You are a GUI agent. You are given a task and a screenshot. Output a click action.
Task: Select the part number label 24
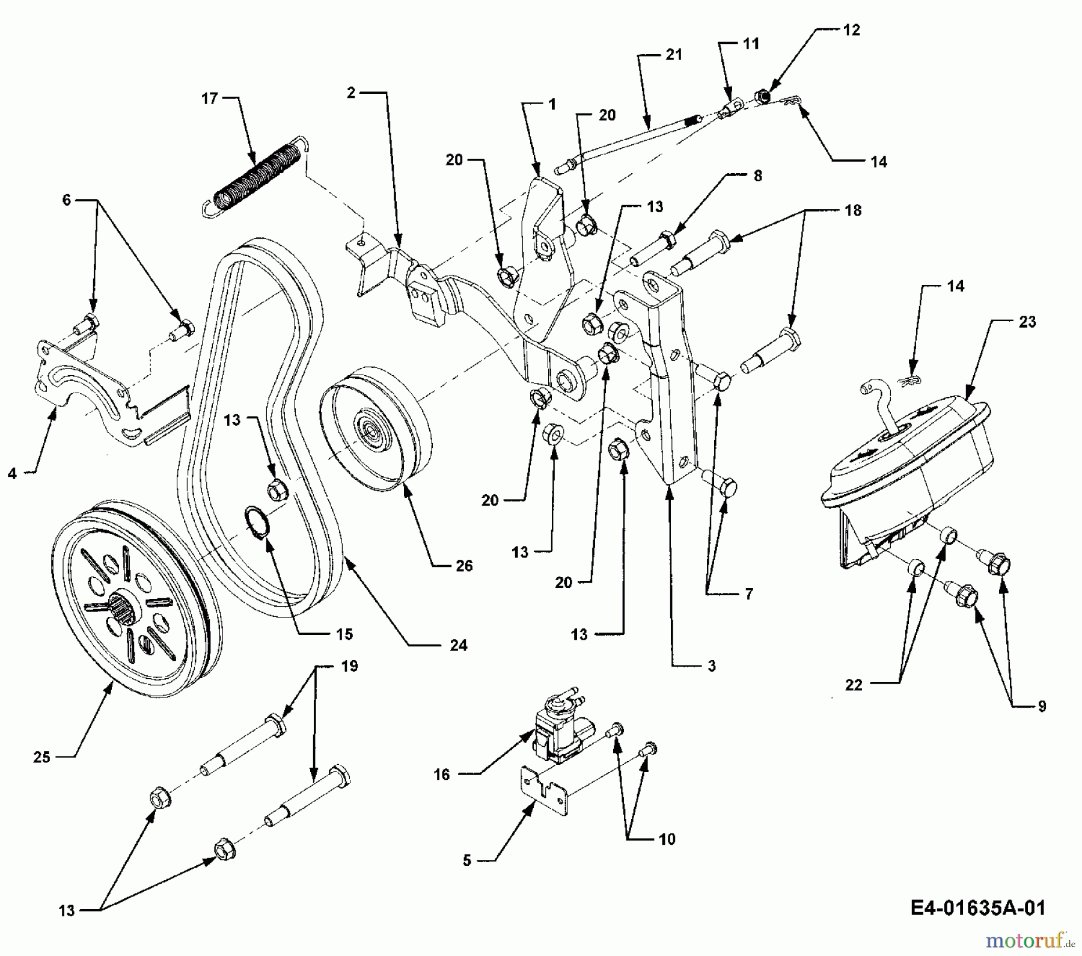tap(458, 645)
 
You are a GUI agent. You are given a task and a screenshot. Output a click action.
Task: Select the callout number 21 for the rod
tap(674, 55)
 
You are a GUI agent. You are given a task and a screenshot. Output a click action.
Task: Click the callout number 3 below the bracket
tap(711, 666)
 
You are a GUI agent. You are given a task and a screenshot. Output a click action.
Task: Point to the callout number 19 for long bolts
tap(349, 666)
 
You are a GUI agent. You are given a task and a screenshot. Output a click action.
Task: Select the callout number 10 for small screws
tap(667, 839)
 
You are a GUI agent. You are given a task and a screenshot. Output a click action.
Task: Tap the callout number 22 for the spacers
tap(854, 684)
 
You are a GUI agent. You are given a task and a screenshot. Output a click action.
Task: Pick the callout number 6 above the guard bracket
tap(66, 200)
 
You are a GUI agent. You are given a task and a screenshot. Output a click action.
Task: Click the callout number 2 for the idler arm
tap(351, 93)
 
